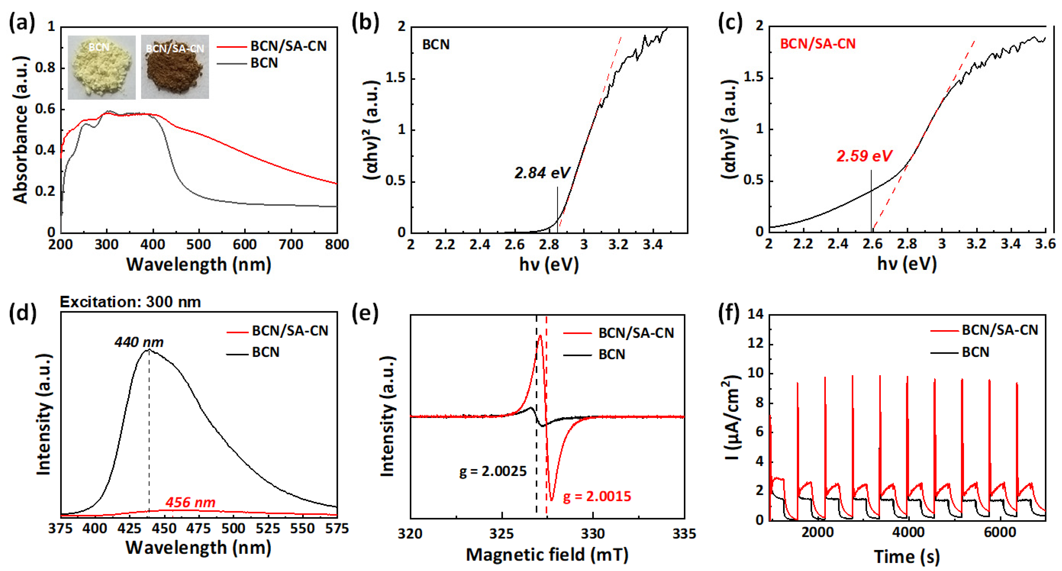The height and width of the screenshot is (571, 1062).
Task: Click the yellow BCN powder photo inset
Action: pyautogui.click(x=101, y=67)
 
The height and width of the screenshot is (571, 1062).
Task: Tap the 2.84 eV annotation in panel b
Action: pyautogui.click(x=542, y=173)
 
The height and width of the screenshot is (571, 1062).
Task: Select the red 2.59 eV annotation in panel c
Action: pyautogui.click(x=864, y=156)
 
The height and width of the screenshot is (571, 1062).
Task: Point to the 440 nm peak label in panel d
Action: pyautogui.click(x=139, y=342)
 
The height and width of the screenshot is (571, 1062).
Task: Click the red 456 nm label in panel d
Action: pyautogui.click(x=190, y=502)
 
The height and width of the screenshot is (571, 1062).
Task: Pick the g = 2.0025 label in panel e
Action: pyautogui.click(x=493, y=471)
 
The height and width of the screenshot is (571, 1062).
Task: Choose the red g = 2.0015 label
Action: pyautogui.click(x=597, y=496)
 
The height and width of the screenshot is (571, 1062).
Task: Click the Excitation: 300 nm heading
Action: pyautogui.click(x=130, y=302)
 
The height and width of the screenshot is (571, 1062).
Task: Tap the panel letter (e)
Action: pyautogui.click(x=364, y=314)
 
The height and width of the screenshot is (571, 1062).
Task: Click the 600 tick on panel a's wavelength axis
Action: pyautogui.click(x=244, y=245)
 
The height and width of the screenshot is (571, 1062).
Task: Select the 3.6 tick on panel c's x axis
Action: pyautogui.click(x=1045, y=244)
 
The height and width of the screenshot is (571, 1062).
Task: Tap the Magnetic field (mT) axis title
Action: pyautogui.click(x=547, y=555)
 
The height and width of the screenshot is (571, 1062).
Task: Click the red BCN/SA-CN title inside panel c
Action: pyautogui.click(x=818, y=44)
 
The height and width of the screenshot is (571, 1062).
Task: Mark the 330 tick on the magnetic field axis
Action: pyautogui.click(x=593, y=534)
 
